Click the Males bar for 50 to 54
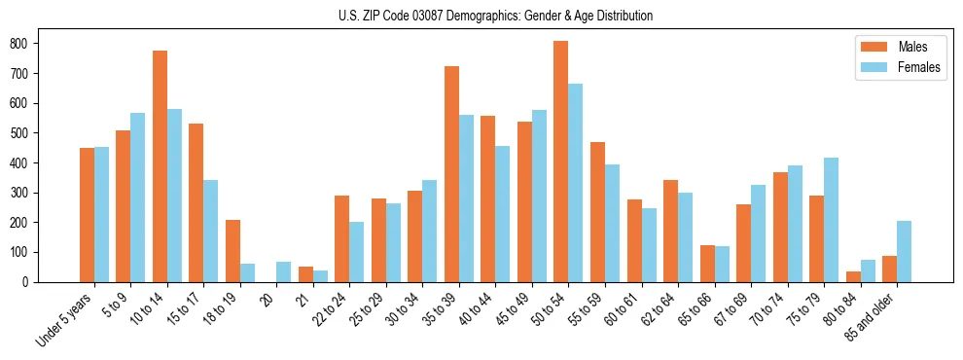561,162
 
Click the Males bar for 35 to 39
451,174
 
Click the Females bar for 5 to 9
137,198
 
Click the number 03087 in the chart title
429,16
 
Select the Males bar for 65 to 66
707,264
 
